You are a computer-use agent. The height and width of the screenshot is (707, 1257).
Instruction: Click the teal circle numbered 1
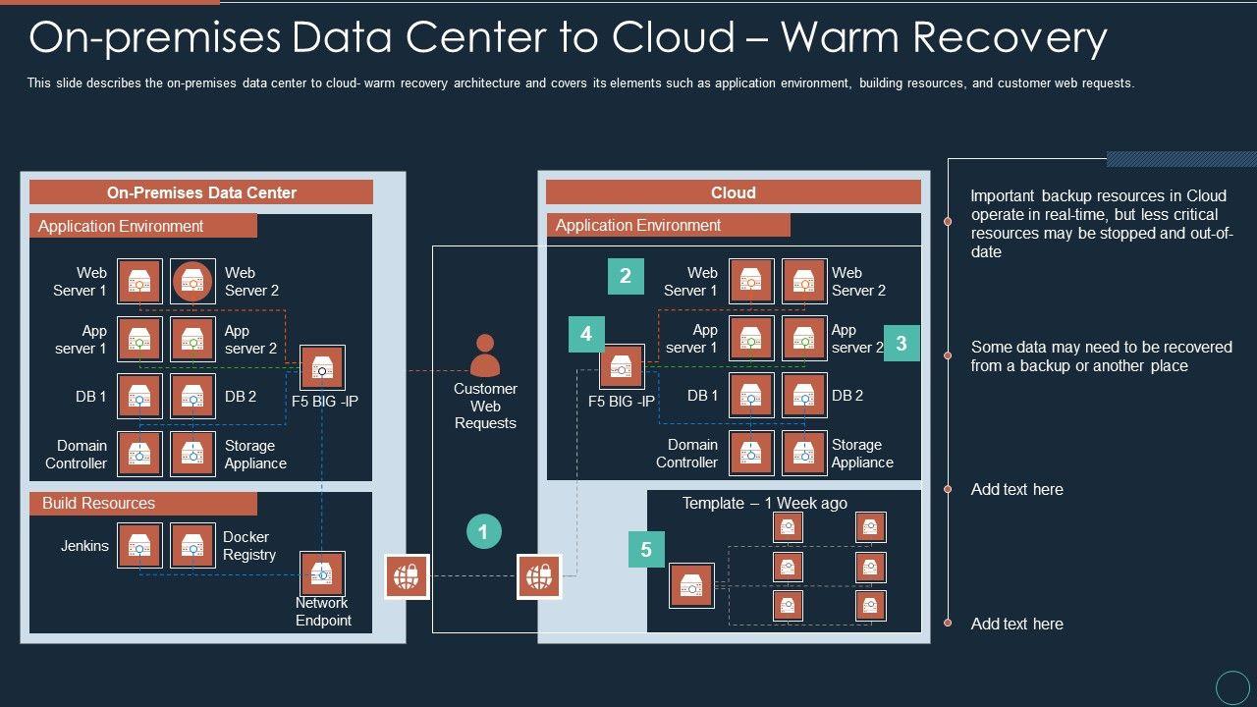coord(484,531)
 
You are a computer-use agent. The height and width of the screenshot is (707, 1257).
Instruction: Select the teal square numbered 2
coord(626,276)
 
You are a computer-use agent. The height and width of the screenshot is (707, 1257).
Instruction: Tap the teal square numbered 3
coord(902,343)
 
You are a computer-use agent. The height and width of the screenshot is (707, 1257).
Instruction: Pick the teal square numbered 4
coord(586,335)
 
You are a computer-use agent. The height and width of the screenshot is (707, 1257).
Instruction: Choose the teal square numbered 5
coord(646,549)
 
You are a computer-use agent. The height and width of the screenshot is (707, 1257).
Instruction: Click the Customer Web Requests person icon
coord(485,355)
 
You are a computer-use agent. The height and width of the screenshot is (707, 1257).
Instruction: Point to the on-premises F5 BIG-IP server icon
coord(322,367)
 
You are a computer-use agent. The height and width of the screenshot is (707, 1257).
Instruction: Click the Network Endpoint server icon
coord(322,573)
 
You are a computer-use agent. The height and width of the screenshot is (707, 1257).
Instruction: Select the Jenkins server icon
coord(139,545)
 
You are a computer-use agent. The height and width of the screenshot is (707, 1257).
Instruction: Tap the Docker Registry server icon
coord(192,545)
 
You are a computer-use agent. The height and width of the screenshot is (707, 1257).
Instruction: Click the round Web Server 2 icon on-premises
coord(192,281)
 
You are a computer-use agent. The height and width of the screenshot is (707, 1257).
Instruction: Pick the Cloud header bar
coord(734,192)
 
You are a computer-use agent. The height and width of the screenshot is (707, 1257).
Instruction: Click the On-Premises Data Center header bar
coord(201,192)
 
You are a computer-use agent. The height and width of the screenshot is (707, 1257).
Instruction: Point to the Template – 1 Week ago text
coord(764,504)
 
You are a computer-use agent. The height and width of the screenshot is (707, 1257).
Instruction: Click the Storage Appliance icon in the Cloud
coord(804,453)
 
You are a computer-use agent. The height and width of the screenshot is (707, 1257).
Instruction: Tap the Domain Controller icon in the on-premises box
coord(139,454)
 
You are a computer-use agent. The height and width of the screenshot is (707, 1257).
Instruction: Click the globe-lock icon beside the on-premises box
coord(407,576)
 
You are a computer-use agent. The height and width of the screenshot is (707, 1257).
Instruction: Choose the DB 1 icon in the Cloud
coord(751,396)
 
